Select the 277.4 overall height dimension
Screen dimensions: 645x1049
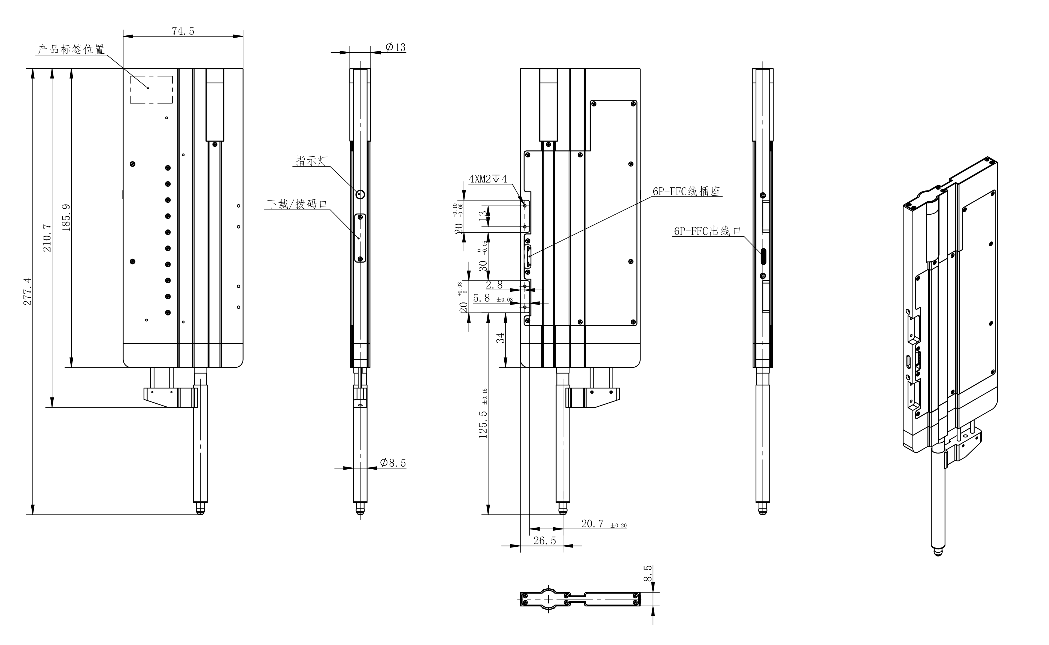pos(28,291)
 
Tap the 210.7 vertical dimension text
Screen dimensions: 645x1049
pos(47,238)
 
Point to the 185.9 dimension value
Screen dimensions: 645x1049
pos(66,218)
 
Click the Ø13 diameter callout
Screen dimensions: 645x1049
pos(395,47)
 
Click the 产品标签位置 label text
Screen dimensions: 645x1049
pos(71,50)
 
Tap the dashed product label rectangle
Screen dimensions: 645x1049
pos(151,90)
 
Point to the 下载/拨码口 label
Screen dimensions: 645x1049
pos(297,204)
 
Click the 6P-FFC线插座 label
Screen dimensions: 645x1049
pos(687,191)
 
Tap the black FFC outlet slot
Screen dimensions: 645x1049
pos(764,256)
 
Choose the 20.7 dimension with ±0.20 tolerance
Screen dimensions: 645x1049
pos(593,524)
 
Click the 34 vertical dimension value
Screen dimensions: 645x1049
pos(501,337)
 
